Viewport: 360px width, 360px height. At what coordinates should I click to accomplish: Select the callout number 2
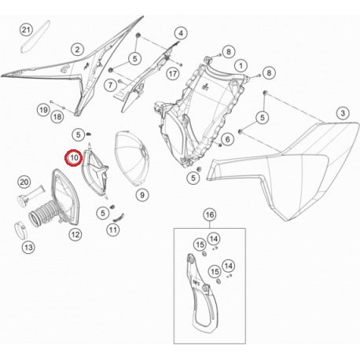[77, 49]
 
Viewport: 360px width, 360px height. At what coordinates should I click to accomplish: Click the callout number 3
[342, 114]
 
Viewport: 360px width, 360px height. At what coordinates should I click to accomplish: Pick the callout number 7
[111, 83]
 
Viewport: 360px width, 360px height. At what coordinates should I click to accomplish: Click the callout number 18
[57, 116]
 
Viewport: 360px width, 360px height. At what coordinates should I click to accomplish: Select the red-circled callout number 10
[73, 158]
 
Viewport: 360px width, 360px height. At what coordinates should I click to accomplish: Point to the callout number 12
[75, 233]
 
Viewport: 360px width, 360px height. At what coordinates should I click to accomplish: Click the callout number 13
[28, 248]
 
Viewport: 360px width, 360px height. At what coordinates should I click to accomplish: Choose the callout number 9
[141, 194]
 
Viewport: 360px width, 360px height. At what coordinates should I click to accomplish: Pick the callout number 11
[113, 230]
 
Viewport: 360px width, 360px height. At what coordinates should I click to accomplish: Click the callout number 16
[209, 214]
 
